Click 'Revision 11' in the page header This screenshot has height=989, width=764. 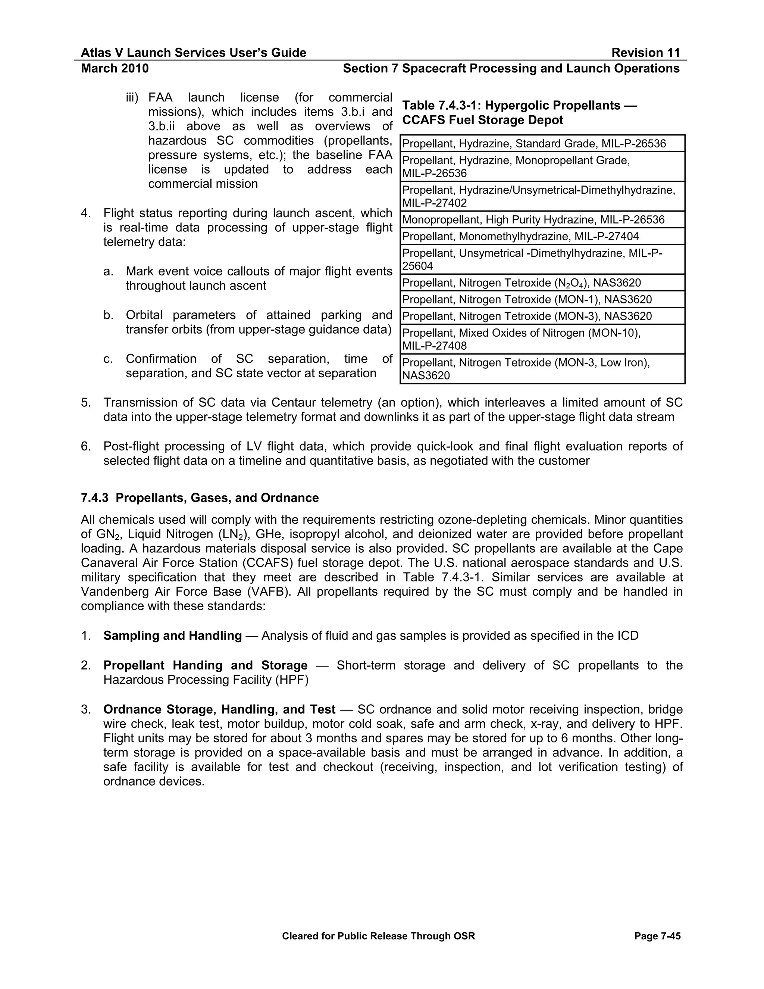point(645,53)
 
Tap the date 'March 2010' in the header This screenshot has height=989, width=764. point(115,68)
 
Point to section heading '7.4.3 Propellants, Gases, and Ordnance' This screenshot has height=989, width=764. point(200,498)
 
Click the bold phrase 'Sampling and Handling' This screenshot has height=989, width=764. point(172,636)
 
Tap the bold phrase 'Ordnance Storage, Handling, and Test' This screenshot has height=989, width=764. point(219,709)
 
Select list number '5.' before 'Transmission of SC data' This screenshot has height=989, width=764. point(86,403)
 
